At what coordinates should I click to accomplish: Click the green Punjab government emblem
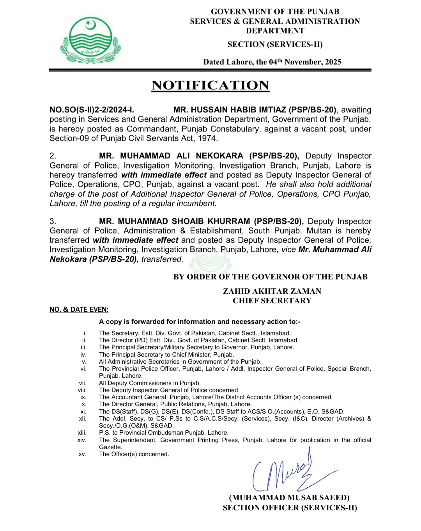90,40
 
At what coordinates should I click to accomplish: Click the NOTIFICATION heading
210,85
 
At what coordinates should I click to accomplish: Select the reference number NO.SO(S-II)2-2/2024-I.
92,110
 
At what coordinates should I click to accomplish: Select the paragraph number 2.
53,156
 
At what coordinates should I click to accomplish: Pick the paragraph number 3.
53,222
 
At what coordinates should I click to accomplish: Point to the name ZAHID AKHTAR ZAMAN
272,291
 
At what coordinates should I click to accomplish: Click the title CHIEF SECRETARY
272,301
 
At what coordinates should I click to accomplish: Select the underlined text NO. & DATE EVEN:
79,310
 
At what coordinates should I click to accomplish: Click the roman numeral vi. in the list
83,369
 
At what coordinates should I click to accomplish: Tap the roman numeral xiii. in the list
82,433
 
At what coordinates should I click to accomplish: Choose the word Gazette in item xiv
110,447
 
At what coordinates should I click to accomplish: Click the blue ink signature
288,472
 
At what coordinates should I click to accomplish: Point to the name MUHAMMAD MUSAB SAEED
289,498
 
